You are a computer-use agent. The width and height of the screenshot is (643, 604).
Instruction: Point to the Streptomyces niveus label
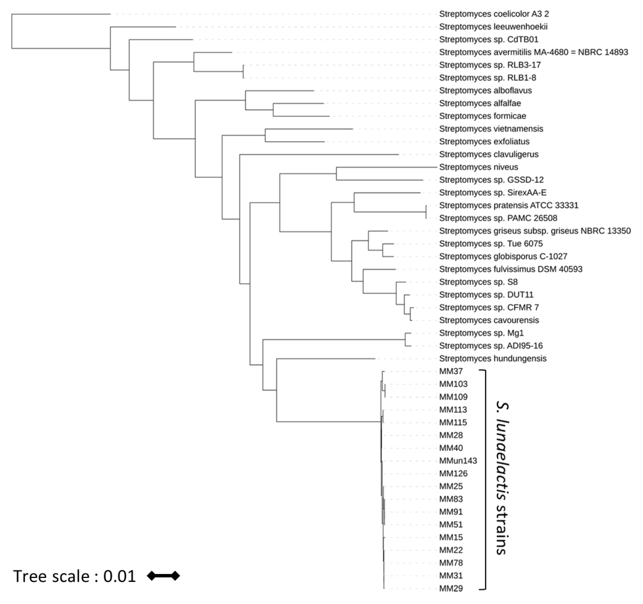pyautogui.click(x=478, y=167)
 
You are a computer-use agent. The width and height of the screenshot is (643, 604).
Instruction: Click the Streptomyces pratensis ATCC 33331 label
pyautogui.click(x=509, y=205)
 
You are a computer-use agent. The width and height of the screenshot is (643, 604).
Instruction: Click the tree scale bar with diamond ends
pyautogui.click(x=163, y=576)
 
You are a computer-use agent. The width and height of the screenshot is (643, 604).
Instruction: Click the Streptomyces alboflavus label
pyautogui.click(x=485, y=90)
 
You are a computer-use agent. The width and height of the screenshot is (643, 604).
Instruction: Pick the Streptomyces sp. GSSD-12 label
pyautogui.click(x=491, y=180)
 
